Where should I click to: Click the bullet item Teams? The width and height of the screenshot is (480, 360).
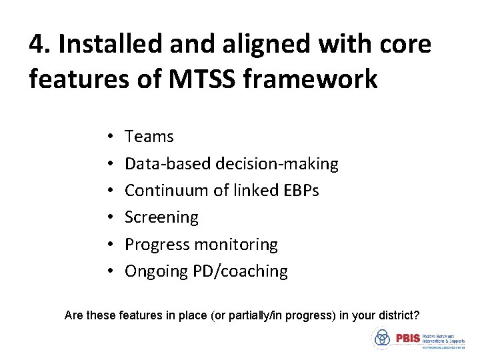tap(149, 137)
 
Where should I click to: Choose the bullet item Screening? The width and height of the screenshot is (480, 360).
tap(161, 217)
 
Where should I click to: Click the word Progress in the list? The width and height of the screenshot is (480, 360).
tap(157, 245)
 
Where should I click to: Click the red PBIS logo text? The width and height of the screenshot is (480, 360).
tap(407, 339)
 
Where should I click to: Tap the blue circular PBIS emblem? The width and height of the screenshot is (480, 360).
tap(382, 339)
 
